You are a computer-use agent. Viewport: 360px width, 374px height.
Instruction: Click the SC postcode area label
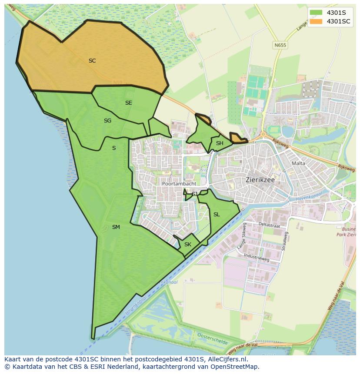click(92, 61)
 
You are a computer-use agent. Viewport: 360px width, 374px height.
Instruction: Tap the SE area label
click(129, 103)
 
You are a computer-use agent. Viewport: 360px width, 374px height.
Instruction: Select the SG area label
click(107, 121)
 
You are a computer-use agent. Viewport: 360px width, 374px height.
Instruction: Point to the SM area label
click(116, 227)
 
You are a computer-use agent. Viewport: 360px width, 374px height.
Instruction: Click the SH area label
click(220, 143)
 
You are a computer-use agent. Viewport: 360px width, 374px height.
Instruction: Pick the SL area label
click(217, 215)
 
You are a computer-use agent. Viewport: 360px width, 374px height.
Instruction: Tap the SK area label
click(188, 245)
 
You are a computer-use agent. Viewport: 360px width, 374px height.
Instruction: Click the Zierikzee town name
click(262, 179)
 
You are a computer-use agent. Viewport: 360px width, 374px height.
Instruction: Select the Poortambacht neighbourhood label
click(179, 184)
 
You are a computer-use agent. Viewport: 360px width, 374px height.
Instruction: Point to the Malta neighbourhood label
click(299, 163)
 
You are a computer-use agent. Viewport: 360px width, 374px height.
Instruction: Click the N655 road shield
click(280, 45)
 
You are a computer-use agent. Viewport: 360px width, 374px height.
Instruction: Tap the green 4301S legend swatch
click(316, 13)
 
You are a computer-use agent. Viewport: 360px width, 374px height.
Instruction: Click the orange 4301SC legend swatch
click(316, 21)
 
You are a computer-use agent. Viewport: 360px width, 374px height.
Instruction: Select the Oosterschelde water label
click(213, 338)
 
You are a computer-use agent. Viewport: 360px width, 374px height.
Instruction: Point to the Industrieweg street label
click(256, 258)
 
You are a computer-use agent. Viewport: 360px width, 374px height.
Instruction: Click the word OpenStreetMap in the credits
click(237, 367)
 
